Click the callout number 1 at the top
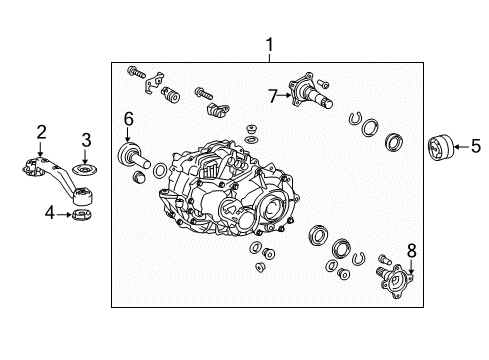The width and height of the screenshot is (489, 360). pos(268,45)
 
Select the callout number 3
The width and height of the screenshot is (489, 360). pos(86,138)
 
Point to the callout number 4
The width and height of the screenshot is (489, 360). pos(50,212)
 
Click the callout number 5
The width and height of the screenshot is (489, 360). pos(476,147)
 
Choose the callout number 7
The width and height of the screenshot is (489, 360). pos(271,97)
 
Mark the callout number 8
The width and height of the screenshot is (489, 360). pos(411,250)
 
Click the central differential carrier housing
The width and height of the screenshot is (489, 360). pos(225,190)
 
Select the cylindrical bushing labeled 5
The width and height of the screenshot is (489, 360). pos(439,147)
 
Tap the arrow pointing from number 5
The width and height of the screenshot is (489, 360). pos(461,147)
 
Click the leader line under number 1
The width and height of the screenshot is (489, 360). pos(268,58)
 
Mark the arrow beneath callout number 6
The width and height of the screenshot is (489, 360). pos(128,136)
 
